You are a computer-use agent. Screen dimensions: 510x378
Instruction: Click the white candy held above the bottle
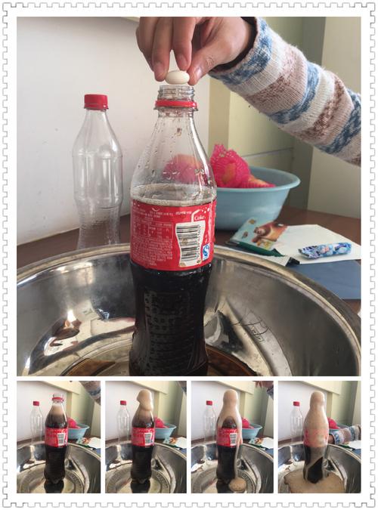pos(176,76)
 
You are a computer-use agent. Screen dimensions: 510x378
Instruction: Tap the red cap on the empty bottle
pos(95,101)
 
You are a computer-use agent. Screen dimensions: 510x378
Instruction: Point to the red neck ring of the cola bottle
pos(176,104)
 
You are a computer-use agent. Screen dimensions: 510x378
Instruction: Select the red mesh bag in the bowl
pos(230,167)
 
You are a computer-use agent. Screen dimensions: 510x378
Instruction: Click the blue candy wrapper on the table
pos(325,249)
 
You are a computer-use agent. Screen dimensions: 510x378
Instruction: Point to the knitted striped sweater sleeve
pos(302,91)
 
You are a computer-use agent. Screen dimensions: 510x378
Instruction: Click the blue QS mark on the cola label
pos(206,252)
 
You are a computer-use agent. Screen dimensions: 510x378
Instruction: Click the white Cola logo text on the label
pos(200,217)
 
